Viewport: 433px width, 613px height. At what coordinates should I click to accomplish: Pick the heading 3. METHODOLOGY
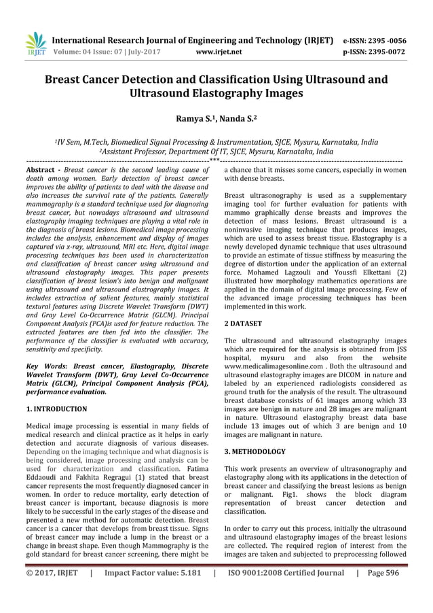(x=255, y=451)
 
